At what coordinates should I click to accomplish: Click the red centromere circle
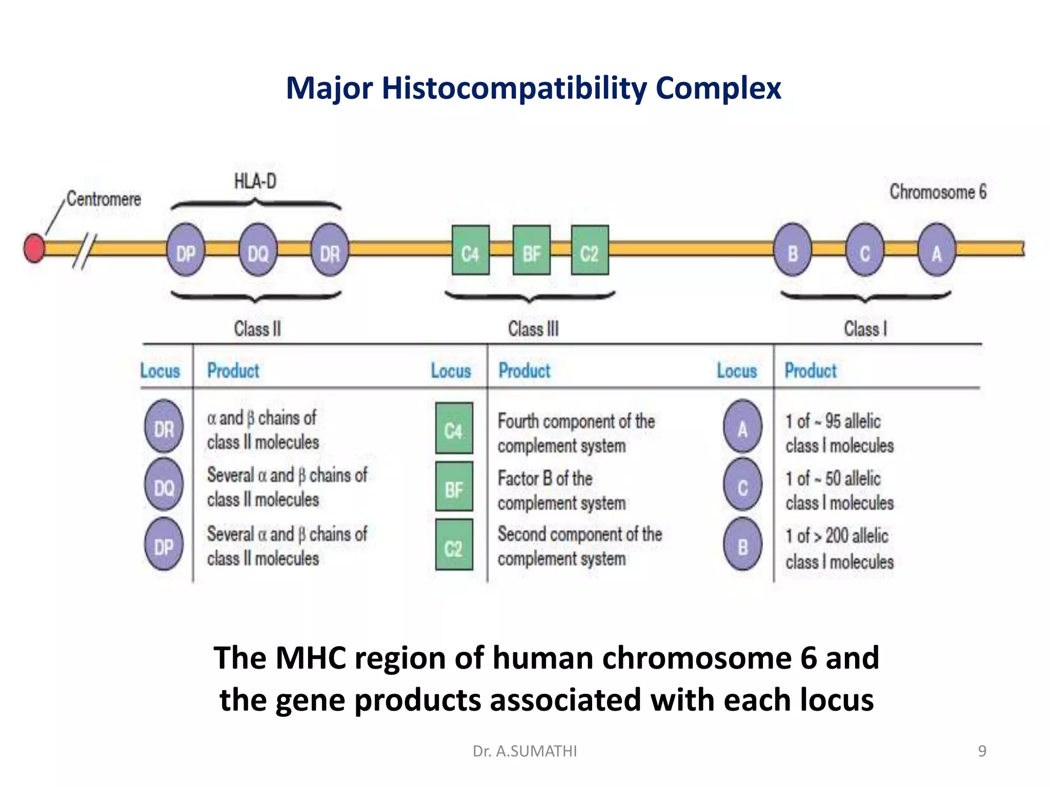click(x=34, y=248)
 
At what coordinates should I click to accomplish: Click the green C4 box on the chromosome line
click(x=470, y=251)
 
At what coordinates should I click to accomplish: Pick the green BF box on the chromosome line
click(x=532, y=251)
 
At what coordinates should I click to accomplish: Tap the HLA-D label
click(x=255, y=181)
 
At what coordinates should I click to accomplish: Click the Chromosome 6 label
click(x=938, y=192)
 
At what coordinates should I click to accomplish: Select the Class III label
click(x=533, y=328)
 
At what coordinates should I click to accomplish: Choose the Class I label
click(x=865, y=328)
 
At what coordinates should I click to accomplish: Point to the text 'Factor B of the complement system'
click(x=561, y=491)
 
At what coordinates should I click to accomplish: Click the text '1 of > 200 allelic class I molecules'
click(x=839, y=548)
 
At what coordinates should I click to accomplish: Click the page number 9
click(x=982, y=751)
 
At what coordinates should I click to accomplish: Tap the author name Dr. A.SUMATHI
click(x=524, y=751)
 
